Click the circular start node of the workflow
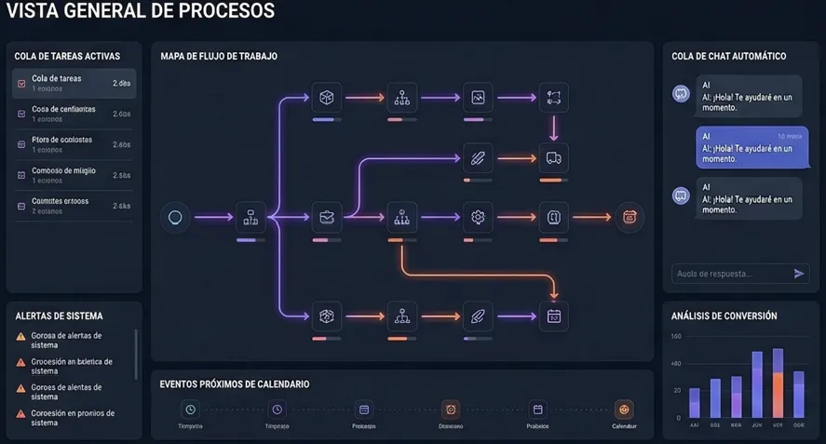tap(174, 218)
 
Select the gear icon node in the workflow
tap(478, 218)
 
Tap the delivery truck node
tap(554, 158)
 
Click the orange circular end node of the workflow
tap(629, 218)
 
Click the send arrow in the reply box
tap(798, 274)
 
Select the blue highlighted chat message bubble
tap(752, 147)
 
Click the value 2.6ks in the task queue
tap(121, 206)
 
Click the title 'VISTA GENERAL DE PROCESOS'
tap(140, 11)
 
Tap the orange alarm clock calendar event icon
tap(451, 410)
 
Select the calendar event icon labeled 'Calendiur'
tap(624, 410)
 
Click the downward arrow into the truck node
tap(554, 128)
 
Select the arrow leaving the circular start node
tap(210, 218)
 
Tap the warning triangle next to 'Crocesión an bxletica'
tap(20, 362)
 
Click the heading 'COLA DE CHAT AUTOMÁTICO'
tap(728, 57)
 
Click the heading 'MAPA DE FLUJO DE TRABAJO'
tap(219, 57)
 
